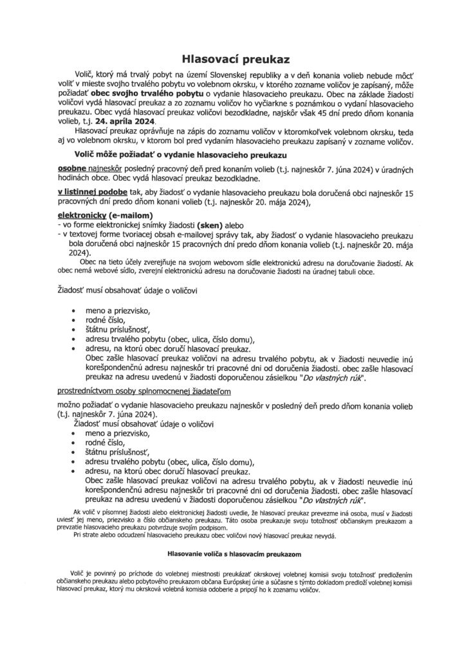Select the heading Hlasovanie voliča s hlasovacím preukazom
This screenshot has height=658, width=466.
pos(232,552)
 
